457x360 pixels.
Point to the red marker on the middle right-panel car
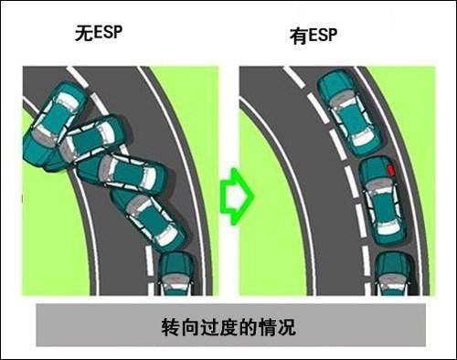[x=391, y=170]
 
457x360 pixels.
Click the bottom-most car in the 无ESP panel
[x=177, y=274]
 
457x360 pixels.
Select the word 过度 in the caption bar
[x=219, y=326]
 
